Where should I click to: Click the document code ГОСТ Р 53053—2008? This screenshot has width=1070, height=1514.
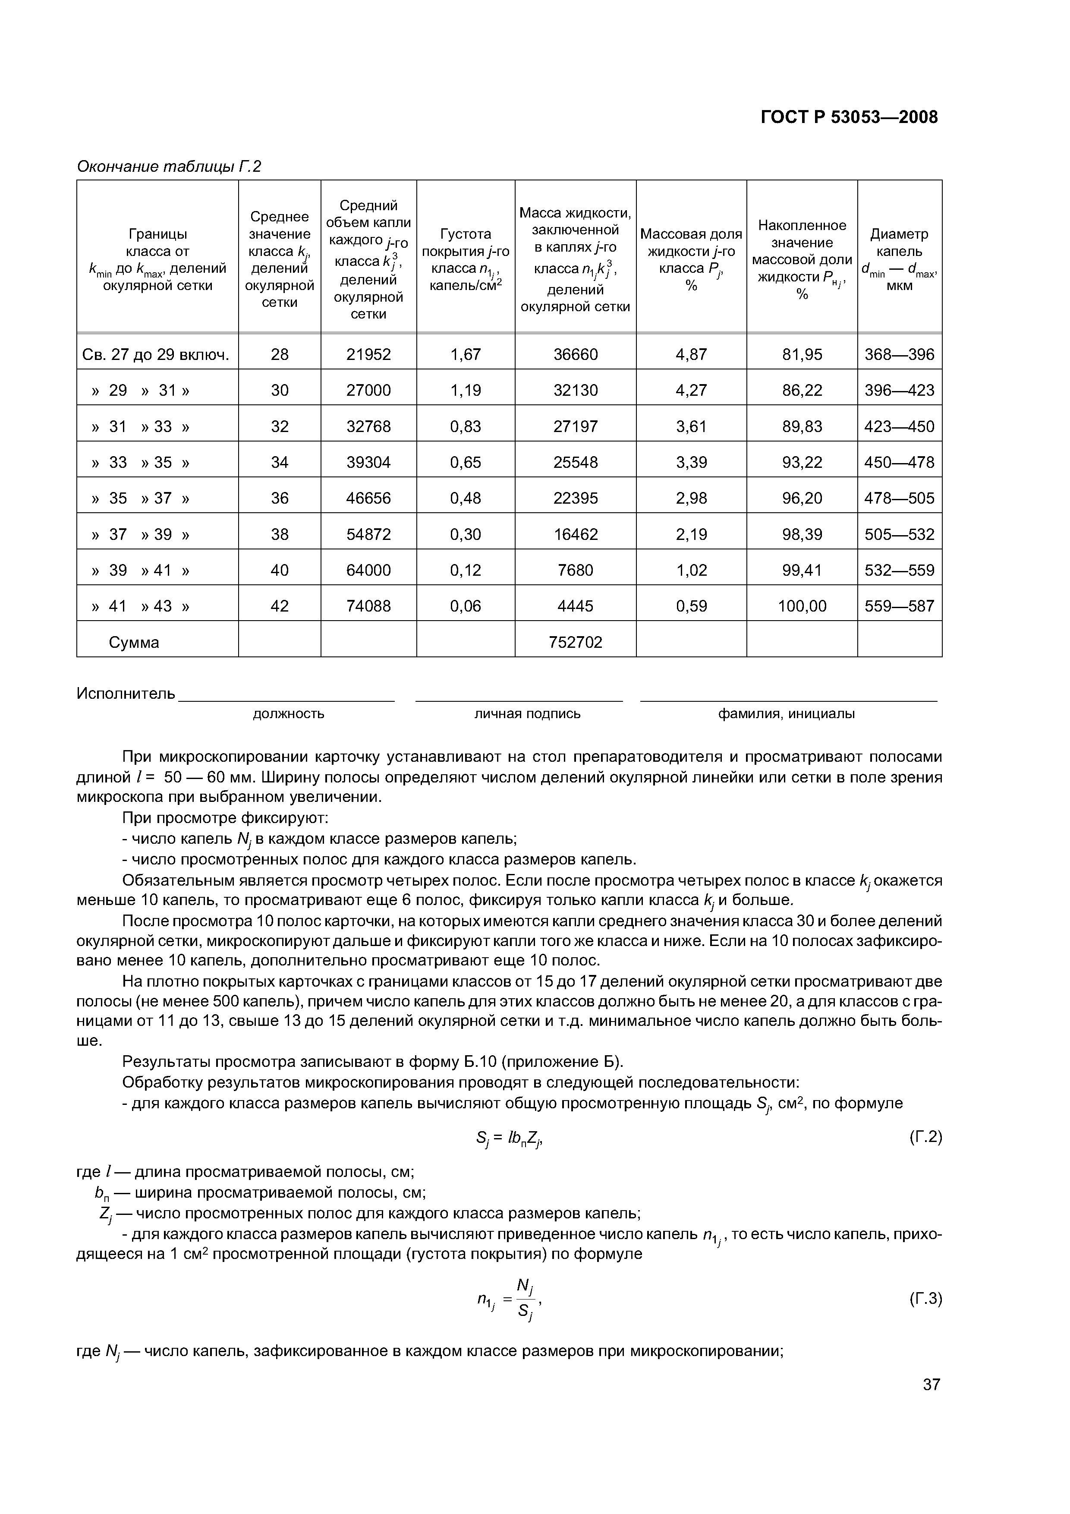pos(849,117)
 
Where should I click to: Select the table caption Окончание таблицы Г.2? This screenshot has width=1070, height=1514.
pos(169,167)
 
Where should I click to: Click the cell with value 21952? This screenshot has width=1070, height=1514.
pos(368,355)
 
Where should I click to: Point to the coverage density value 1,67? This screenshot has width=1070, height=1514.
pos(466,355)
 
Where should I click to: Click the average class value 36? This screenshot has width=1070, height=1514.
pos(280,498)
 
